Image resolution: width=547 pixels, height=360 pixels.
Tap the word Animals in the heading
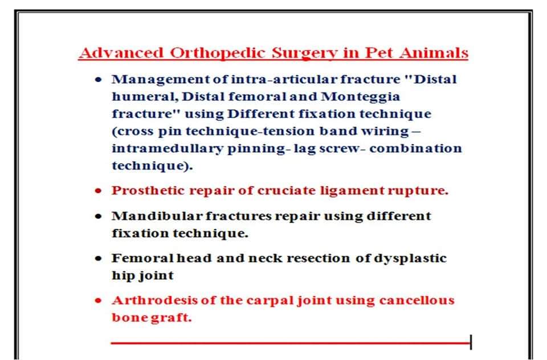pos(434,53)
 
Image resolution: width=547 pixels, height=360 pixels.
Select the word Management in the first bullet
pos(161,80)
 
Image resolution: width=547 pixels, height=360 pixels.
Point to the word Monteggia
pos(360,97)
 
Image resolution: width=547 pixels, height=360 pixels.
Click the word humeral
pos(145,97)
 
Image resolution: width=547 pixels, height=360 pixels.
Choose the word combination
pos(415,149)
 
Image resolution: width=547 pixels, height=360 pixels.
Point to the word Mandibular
pos(157,216)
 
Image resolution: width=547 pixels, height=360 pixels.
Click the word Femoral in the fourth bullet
pos(142,259)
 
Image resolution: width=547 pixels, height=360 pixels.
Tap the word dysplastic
pos(410,259)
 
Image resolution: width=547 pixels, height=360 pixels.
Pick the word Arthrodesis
pos(154,300)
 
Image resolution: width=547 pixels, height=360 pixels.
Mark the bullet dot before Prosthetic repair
pos(99,191)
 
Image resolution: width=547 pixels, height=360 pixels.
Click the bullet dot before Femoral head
pos(99,259)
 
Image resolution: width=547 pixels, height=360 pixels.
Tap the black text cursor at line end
pos(471,342)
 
